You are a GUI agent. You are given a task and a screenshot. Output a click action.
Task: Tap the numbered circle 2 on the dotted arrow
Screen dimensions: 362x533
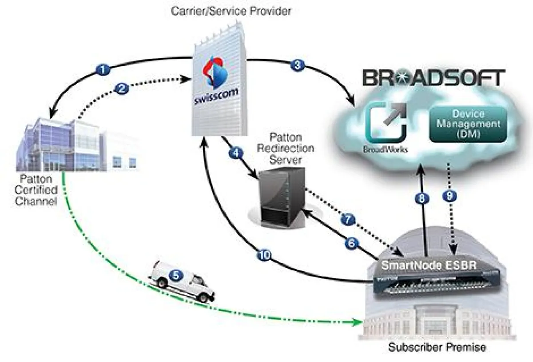point(122,88)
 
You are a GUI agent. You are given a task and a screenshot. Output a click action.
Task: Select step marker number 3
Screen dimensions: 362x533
point(297,65)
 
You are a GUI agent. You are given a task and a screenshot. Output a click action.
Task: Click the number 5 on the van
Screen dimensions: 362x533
point(176,275)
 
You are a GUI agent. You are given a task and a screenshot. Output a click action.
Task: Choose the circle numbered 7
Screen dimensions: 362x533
point(347,219)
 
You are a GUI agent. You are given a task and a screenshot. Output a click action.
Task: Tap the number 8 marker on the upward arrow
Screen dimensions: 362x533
point(422,199)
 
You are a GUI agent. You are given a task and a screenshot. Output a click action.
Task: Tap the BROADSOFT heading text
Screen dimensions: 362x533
point(434,78)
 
